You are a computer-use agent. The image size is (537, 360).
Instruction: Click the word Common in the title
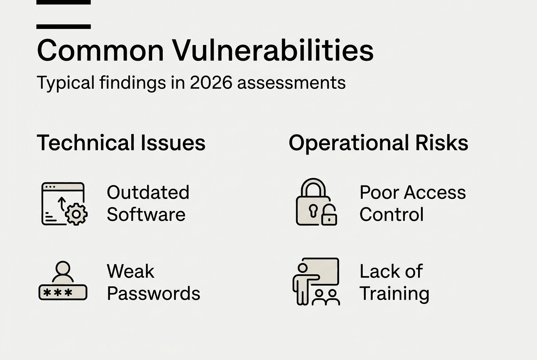coord(100,51)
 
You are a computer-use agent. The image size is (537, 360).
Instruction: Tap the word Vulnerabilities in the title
coord(273,51)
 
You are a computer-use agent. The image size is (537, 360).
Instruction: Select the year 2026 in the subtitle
coord(211,82)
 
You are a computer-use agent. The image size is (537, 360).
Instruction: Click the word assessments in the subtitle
coord(291,82)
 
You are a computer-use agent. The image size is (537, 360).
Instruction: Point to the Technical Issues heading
coord(121,143)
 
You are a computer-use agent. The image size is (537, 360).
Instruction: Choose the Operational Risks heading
coord(378,143)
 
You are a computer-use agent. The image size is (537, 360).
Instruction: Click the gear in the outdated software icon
coord(76,214)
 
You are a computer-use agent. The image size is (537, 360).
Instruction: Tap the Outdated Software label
coord(147,203)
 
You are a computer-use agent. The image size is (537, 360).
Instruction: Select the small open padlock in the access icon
coord(329,216)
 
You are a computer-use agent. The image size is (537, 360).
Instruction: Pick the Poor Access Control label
coord(412,203)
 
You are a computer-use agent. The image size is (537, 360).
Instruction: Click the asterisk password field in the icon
coord(63,292)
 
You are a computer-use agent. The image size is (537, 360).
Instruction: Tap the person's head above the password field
coord(63,268)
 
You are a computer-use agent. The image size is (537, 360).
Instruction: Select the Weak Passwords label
coord(153,282)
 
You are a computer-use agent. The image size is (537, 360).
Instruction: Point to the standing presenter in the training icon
coord(302,282)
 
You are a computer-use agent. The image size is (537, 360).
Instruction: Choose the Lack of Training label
coord(394,282)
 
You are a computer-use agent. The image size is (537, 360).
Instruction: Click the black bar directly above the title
coord(63,26)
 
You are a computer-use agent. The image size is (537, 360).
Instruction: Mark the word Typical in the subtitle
coord(65,82)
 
